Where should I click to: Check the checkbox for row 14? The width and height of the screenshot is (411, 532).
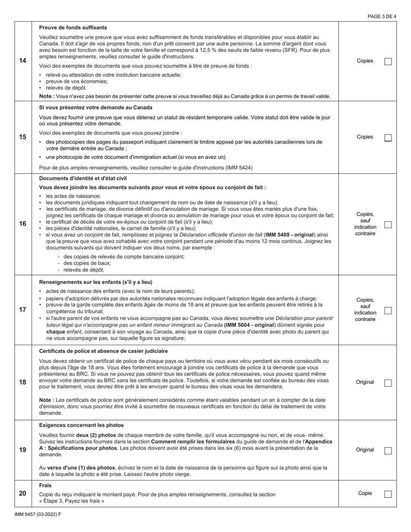pyautogui.click(x=388, y=61)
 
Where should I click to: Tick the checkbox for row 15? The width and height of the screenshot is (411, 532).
pyautogui.click(x=388, y=138)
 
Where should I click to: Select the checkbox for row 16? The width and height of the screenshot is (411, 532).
pyautogui.click(x=388, y=224)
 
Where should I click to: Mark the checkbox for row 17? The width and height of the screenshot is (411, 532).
pyautogui.click(x=388, y=311)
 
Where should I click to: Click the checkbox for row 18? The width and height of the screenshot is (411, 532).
pyautogui.click(x=388, y=383)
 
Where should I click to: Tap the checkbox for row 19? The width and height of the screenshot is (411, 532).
pyautogui.click(x=388, y=450)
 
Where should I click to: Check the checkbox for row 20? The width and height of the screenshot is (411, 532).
pyautogui.click(x=388, y=494)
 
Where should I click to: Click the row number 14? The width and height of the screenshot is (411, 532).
pyautogui.click(x=22, y=61)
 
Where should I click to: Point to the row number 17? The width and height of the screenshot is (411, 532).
pyautogui.click(x=22, y=310)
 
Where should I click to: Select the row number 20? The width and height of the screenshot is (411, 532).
pyautogui.click(x=22, y=494)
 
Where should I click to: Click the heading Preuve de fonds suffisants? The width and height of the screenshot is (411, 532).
pyautogui.click(x=73, y=28)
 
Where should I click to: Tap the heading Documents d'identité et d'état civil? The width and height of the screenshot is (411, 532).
pyautogui.click(x=83, y=178)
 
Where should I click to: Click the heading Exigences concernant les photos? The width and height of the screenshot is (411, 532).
pyautogui.click(x=81, y=425)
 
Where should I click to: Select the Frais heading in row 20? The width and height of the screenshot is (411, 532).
pyautogui.click(x=45, y=486)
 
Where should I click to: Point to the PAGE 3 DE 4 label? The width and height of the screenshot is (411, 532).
pyautogui.click(x=382, y=16)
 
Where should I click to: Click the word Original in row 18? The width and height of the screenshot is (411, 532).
pyautogui.click(x=365, y=382)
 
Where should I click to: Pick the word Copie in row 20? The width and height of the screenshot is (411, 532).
pyautogui.click(x=365, y=493)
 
